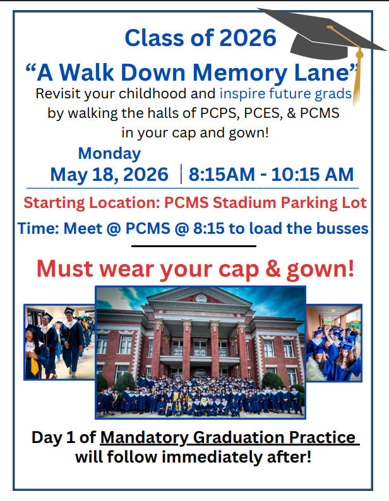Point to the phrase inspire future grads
click(285, 95)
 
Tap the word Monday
click(109, 153)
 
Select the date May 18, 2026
click(109, 174)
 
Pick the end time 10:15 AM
click(313, 174)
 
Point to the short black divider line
click(194, 246)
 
